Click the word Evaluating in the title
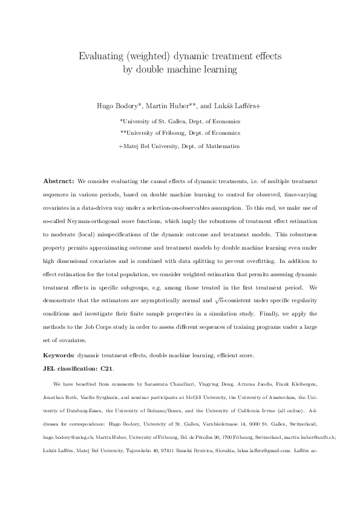99,56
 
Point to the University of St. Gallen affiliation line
180,121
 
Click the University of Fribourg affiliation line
180,133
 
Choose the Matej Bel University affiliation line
180,146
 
